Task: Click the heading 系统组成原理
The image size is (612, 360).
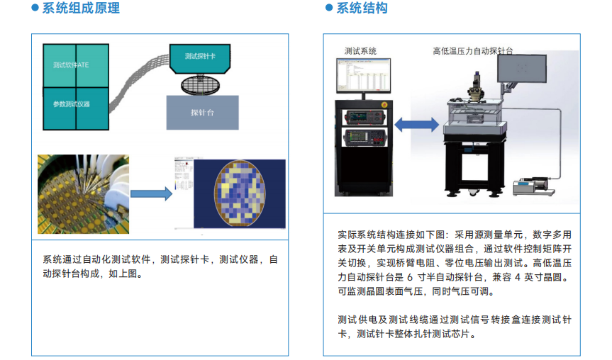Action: (81, 9)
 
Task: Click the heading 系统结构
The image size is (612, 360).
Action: (362, 9)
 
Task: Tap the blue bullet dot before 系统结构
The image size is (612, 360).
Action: (328, 9)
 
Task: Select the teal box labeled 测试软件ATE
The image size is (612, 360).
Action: (71, 66)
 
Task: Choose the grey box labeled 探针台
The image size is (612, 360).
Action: (202, 113)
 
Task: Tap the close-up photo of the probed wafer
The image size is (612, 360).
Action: (83, 193)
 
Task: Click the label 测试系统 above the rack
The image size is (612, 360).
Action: (360, 51)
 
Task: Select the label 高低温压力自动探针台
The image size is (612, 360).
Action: (473, 51)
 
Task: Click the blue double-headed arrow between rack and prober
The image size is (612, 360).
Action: (416, 125)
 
